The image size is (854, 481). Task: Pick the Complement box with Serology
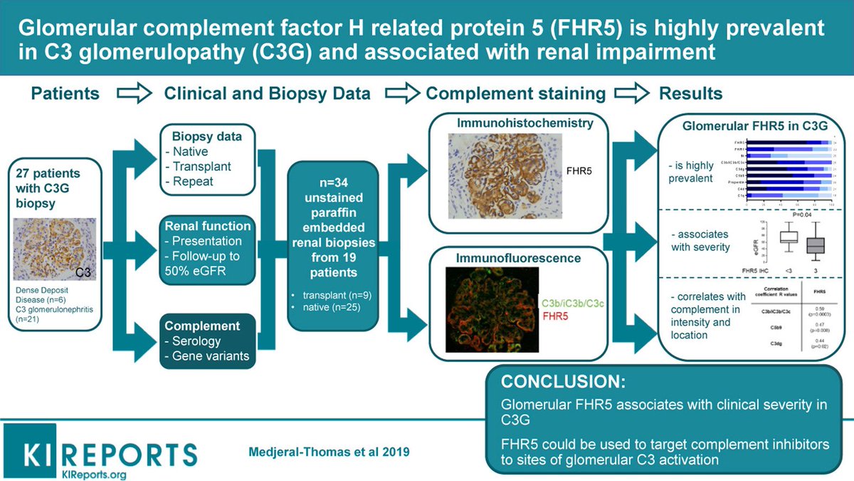[x=206, y=341]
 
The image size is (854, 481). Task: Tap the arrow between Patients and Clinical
[x=131, y=93]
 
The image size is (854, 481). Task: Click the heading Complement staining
[x=516, y=93]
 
